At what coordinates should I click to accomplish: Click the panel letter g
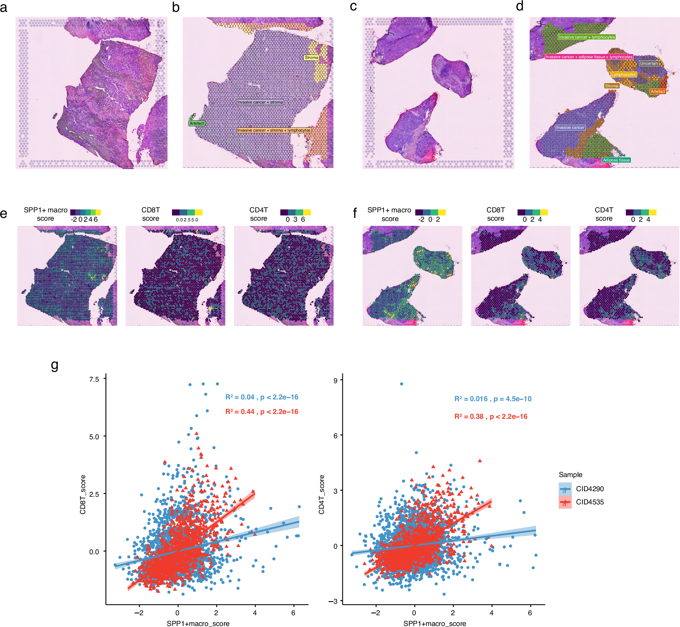coord(54,365)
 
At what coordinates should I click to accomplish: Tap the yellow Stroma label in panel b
coord(311,58)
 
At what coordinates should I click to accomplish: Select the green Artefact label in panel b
coord(197,123)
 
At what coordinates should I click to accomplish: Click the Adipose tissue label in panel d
coord(616,160)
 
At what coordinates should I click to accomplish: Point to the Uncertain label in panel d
coord(649,63)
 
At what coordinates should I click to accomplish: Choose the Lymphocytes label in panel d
coord(623,74)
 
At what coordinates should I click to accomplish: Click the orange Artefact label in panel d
coord(658,91)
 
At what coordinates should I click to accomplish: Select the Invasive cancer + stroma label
coord(260,102)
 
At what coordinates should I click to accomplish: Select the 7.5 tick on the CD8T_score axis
coord(94,379)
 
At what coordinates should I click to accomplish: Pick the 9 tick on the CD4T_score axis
coord(335,380)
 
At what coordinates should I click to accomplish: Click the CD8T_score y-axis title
coord(83,494)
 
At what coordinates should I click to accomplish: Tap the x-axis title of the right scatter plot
coord(435,624)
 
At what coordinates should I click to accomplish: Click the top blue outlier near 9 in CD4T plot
coord(401,384)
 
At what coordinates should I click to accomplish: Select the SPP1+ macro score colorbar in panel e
coord(85,212)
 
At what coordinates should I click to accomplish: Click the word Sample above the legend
coord(570,475)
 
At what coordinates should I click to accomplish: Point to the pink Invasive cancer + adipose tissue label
coord(589,57)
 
